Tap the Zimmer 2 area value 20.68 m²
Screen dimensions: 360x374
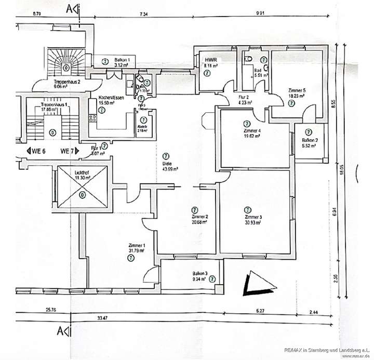click(x=199, y=222)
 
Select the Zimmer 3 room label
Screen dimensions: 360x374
click(x=254, y=216)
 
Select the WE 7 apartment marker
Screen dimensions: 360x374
click(x=66, y=151)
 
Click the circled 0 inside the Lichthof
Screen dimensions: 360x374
click(x=82, y=195)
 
